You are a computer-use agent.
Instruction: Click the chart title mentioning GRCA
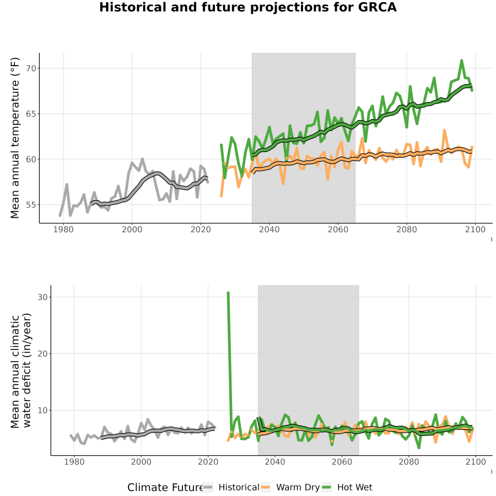pos(247,8)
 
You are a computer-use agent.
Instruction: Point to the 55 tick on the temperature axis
pos(31,204)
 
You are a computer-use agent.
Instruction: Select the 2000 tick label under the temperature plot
pos(132,229)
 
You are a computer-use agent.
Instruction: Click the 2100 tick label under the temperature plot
pos(475,229)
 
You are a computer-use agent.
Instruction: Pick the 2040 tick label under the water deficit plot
pos(274,462)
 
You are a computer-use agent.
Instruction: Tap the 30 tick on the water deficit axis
pos(42,297)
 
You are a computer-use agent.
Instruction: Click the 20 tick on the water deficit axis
pos(42,354)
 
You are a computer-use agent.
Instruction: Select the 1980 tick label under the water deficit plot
pos(74,462)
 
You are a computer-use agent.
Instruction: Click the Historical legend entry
pos(231,487)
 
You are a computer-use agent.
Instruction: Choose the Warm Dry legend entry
pos(290,487)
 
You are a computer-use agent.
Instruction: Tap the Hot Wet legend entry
pos(347,487)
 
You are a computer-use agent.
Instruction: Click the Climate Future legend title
pos(165,488)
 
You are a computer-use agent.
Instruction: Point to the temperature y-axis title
pos(15,138)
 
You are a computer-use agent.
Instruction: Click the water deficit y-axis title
pos(21,370)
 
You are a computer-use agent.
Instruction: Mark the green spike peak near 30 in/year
pos(228,293)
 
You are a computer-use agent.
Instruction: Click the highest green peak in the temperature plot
pos(461,60)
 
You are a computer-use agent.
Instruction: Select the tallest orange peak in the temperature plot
pos(444,130)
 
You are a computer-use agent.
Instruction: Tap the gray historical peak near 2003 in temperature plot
pos(142,159)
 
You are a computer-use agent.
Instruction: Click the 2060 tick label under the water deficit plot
pos(342,462)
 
